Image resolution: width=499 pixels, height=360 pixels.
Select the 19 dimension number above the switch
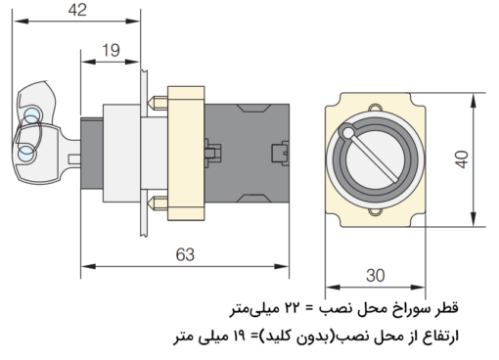(110, 50)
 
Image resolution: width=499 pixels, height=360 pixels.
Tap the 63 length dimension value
(184, 254)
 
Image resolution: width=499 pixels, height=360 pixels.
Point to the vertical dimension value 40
(487, 158)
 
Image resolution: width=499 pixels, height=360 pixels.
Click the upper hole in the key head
(30, 117)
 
